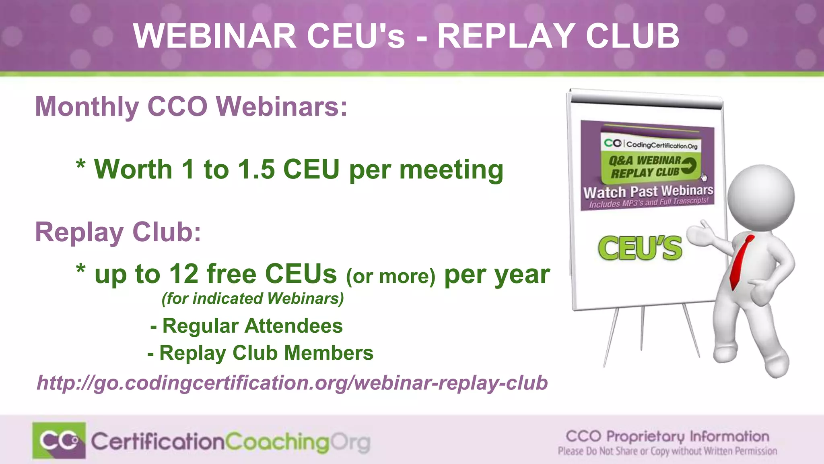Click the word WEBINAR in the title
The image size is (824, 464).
pos(215,36)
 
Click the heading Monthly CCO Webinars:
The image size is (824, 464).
pos(191,107)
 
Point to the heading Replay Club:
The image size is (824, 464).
pos(118,232)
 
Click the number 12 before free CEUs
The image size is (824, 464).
pos(184,274)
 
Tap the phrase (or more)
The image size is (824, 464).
pos(391,277)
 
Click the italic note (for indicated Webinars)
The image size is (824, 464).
pos(253,299)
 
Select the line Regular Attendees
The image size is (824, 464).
pos(246,326)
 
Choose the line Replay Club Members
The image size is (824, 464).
pos(260,353)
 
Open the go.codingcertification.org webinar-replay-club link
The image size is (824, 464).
pos(292,383)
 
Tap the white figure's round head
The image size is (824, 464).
pos(761,197)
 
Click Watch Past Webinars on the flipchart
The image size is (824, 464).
pos(648,191)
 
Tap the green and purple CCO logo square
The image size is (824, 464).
pos(59,441)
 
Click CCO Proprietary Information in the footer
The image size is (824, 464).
pos(667,436)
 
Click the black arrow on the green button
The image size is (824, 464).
pos(689,165)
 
